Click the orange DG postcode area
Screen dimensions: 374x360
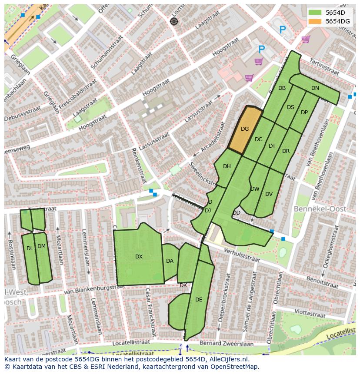pos(245,129)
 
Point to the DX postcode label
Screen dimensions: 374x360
pos(139,257)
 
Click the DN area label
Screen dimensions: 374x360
pos(315,88)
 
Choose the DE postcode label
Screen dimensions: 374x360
pos(199,300)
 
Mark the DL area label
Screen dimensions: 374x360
pos(30,249)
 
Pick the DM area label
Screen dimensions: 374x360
pos(41,246)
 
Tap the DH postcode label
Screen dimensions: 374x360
pos(227,166)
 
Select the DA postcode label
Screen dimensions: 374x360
pos(170,261)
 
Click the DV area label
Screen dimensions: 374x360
pos(269,194)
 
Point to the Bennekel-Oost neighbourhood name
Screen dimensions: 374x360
pos(320,209)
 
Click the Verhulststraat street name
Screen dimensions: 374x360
pos(241,255)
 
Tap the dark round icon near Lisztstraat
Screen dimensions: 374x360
pos(174,21)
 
